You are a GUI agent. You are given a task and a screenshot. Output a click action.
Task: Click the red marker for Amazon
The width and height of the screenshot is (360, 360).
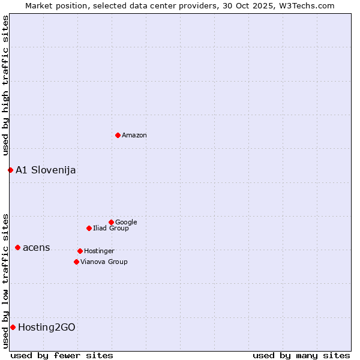118,135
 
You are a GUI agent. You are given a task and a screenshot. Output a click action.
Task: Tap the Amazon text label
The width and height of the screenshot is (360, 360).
134,136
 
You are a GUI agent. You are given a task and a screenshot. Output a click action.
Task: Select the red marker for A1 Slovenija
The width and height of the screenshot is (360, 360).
10,170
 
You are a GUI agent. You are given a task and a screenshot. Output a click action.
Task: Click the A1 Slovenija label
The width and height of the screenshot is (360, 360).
46,170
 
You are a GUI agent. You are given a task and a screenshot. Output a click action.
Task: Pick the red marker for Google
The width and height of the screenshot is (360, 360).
111,222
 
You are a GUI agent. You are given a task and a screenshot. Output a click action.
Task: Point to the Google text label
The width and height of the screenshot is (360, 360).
126,223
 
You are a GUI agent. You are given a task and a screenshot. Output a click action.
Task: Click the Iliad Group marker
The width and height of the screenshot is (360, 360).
89,228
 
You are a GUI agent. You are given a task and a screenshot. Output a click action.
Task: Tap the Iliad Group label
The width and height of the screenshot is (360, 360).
111,229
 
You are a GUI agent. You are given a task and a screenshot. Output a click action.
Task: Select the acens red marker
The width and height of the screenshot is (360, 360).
17,247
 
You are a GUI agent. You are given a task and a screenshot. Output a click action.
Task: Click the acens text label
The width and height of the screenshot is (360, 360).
37,248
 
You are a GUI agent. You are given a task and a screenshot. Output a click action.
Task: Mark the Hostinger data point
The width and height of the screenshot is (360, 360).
80,251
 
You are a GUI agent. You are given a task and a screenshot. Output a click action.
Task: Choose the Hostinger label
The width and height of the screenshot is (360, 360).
99,251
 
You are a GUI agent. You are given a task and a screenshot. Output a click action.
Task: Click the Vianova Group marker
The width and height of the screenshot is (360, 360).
76,262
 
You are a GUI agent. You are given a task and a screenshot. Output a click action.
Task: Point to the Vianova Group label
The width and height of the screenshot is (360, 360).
104,262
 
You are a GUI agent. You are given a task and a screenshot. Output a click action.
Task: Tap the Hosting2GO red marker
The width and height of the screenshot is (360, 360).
13,327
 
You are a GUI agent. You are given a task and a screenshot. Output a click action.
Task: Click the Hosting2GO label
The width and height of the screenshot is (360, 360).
47,328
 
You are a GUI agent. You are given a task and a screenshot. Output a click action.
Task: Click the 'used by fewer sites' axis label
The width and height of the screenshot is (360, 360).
62,355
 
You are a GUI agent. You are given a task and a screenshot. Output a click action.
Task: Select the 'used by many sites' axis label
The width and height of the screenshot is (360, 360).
301,355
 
